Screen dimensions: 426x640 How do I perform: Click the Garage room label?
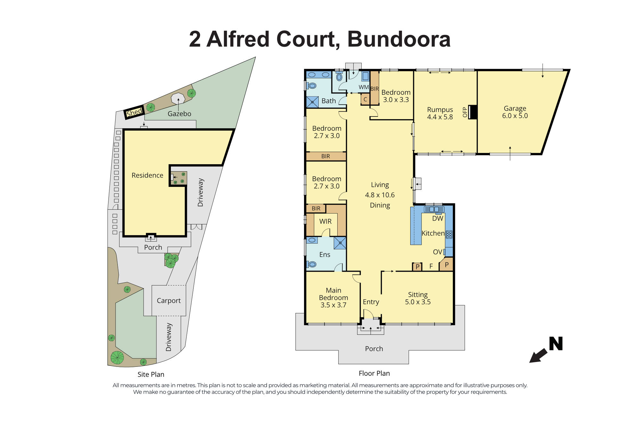click(x=515, y=109)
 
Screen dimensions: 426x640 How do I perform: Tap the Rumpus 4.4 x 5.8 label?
click(x=440, y=113)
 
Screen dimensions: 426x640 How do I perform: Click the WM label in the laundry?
click(x=364, y=87)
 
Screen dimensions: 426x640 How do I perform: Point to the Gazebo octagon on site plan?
click(x=178, y=98)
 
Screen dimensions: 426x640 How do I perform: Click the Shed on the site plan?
click(x=134, y=112)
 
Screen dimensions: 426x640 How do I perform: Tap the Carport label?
click(x=169, y=301)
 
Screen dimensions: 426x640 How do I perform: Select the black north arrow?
click(x=538, y=355)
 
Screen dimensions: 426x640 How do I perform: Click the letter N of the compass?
click(x=556, y=344)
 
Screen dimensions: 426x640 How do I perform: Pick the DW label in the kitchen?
click(x=437, y=219)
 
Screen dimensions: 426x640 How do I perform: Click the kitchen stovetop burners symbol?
click(x=449, y=235)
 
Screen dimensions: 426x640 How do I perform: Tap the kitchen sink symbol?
click(x=434, y=209)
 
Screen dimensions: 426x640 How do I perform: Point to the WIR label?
click(x=325, y=221)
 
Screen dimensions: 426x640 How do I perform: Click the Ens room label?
click(x=325, y=255)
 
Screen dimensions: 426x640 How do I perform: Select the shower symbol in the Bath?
click(x=312, y=102)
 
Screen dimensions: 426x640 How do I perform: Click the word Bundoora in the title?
click(x=399, y=39)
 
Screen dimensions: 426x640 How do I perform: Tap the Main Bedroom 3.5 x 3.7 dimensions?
click(x=333, y=305)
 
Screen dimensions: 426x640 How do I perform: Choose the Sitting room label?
click(x=418, y=294)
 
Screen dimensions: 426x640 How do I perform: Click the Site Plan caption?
click(x=151, y=374)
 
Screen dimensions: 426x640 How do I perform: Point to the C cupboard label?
click(x=365, y=99)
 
